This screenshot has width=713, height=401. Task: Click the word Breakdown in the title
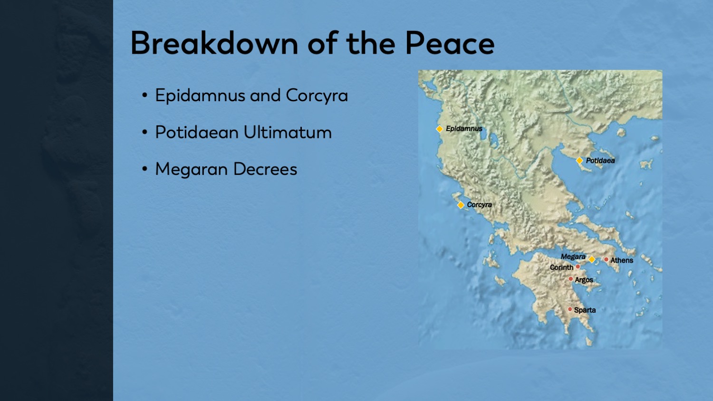tap(214, 43)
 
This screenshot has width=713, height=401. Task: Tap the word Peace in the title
tap(449, 43)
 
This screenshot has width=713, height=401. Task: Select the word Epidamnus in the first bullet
tap(200, 96)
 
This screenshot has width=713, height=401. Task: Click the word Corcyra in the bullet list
tap(317, 96)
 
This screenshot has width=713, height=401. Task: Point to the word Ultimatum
tap(287, 133)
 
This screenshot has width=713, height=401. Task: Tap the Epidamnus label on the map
tap(464, 129)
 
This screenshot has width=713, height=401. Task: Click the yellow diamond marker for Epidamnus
tap(440, 129)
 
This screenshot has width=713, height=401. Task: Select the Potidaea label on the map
tap(600, 161)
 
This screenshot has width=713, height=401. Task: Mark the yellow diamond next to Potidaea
tap(579, 161)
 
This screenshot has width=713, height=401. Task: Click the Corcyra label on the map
tap(479, 205)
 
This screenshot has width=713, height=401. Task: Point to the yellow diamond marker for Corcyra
tap(461, 205)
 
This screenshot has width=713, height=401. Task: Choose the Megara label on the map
tap(573, 257)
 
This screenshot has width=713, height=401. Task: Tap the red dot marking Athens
tap(606, 259)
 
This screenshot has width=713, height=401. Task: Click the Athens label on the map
tap(622, 260)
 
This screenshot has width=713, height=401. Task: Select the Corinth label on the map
tap(561, 267)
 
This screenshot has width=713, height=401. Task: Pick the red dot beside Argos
tap(570, 279)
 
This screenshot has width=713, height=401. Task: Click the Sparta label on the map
tap(585, 310)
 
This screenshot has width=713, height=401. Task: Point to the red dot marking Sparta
tap(570, 309)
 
